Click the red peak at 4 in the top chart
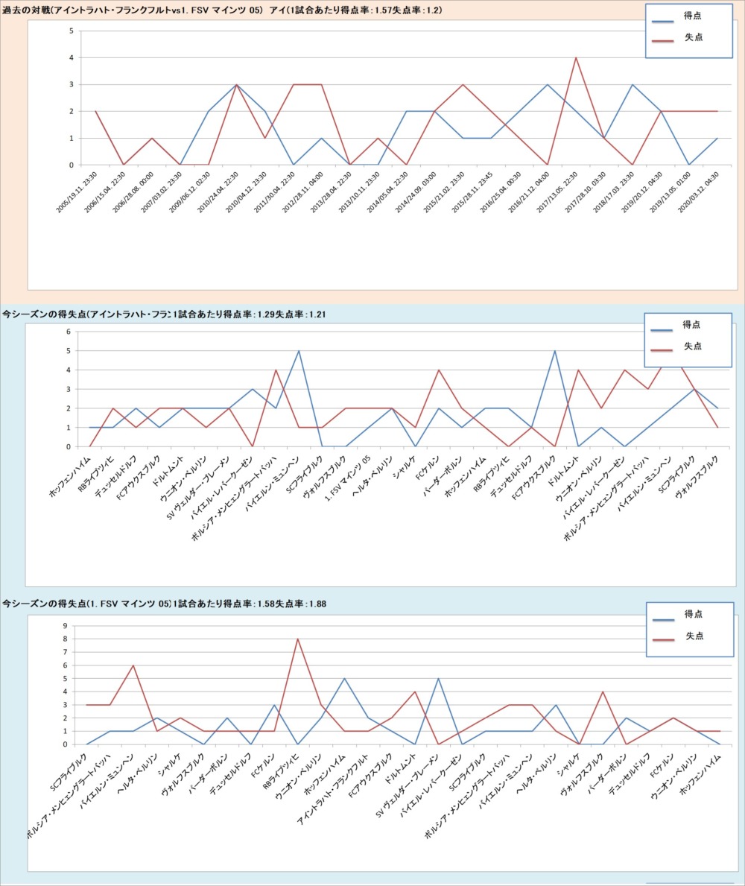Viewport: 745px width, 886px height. click(575, 57)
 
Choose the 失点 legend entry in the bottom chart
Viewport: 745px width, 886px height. click(694, 636)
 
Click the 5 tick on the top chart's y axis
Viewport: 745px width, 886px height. click(70, 31)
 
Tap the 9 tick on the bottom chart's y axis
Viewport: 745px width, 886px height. click(65, 626)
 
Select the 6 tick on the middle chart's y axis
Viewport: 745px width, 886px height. click(68, 332)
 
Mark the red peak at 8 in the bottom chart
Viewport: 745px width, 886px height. click(297, 639)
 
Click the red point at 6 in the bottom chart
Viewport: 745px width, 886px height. click(133, 665)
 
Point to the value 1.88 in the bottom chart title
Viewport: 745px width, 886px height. click(316, 603)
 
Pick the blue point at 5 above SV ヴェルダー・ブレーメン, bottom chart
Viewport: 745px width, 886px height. click(438, 678)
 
